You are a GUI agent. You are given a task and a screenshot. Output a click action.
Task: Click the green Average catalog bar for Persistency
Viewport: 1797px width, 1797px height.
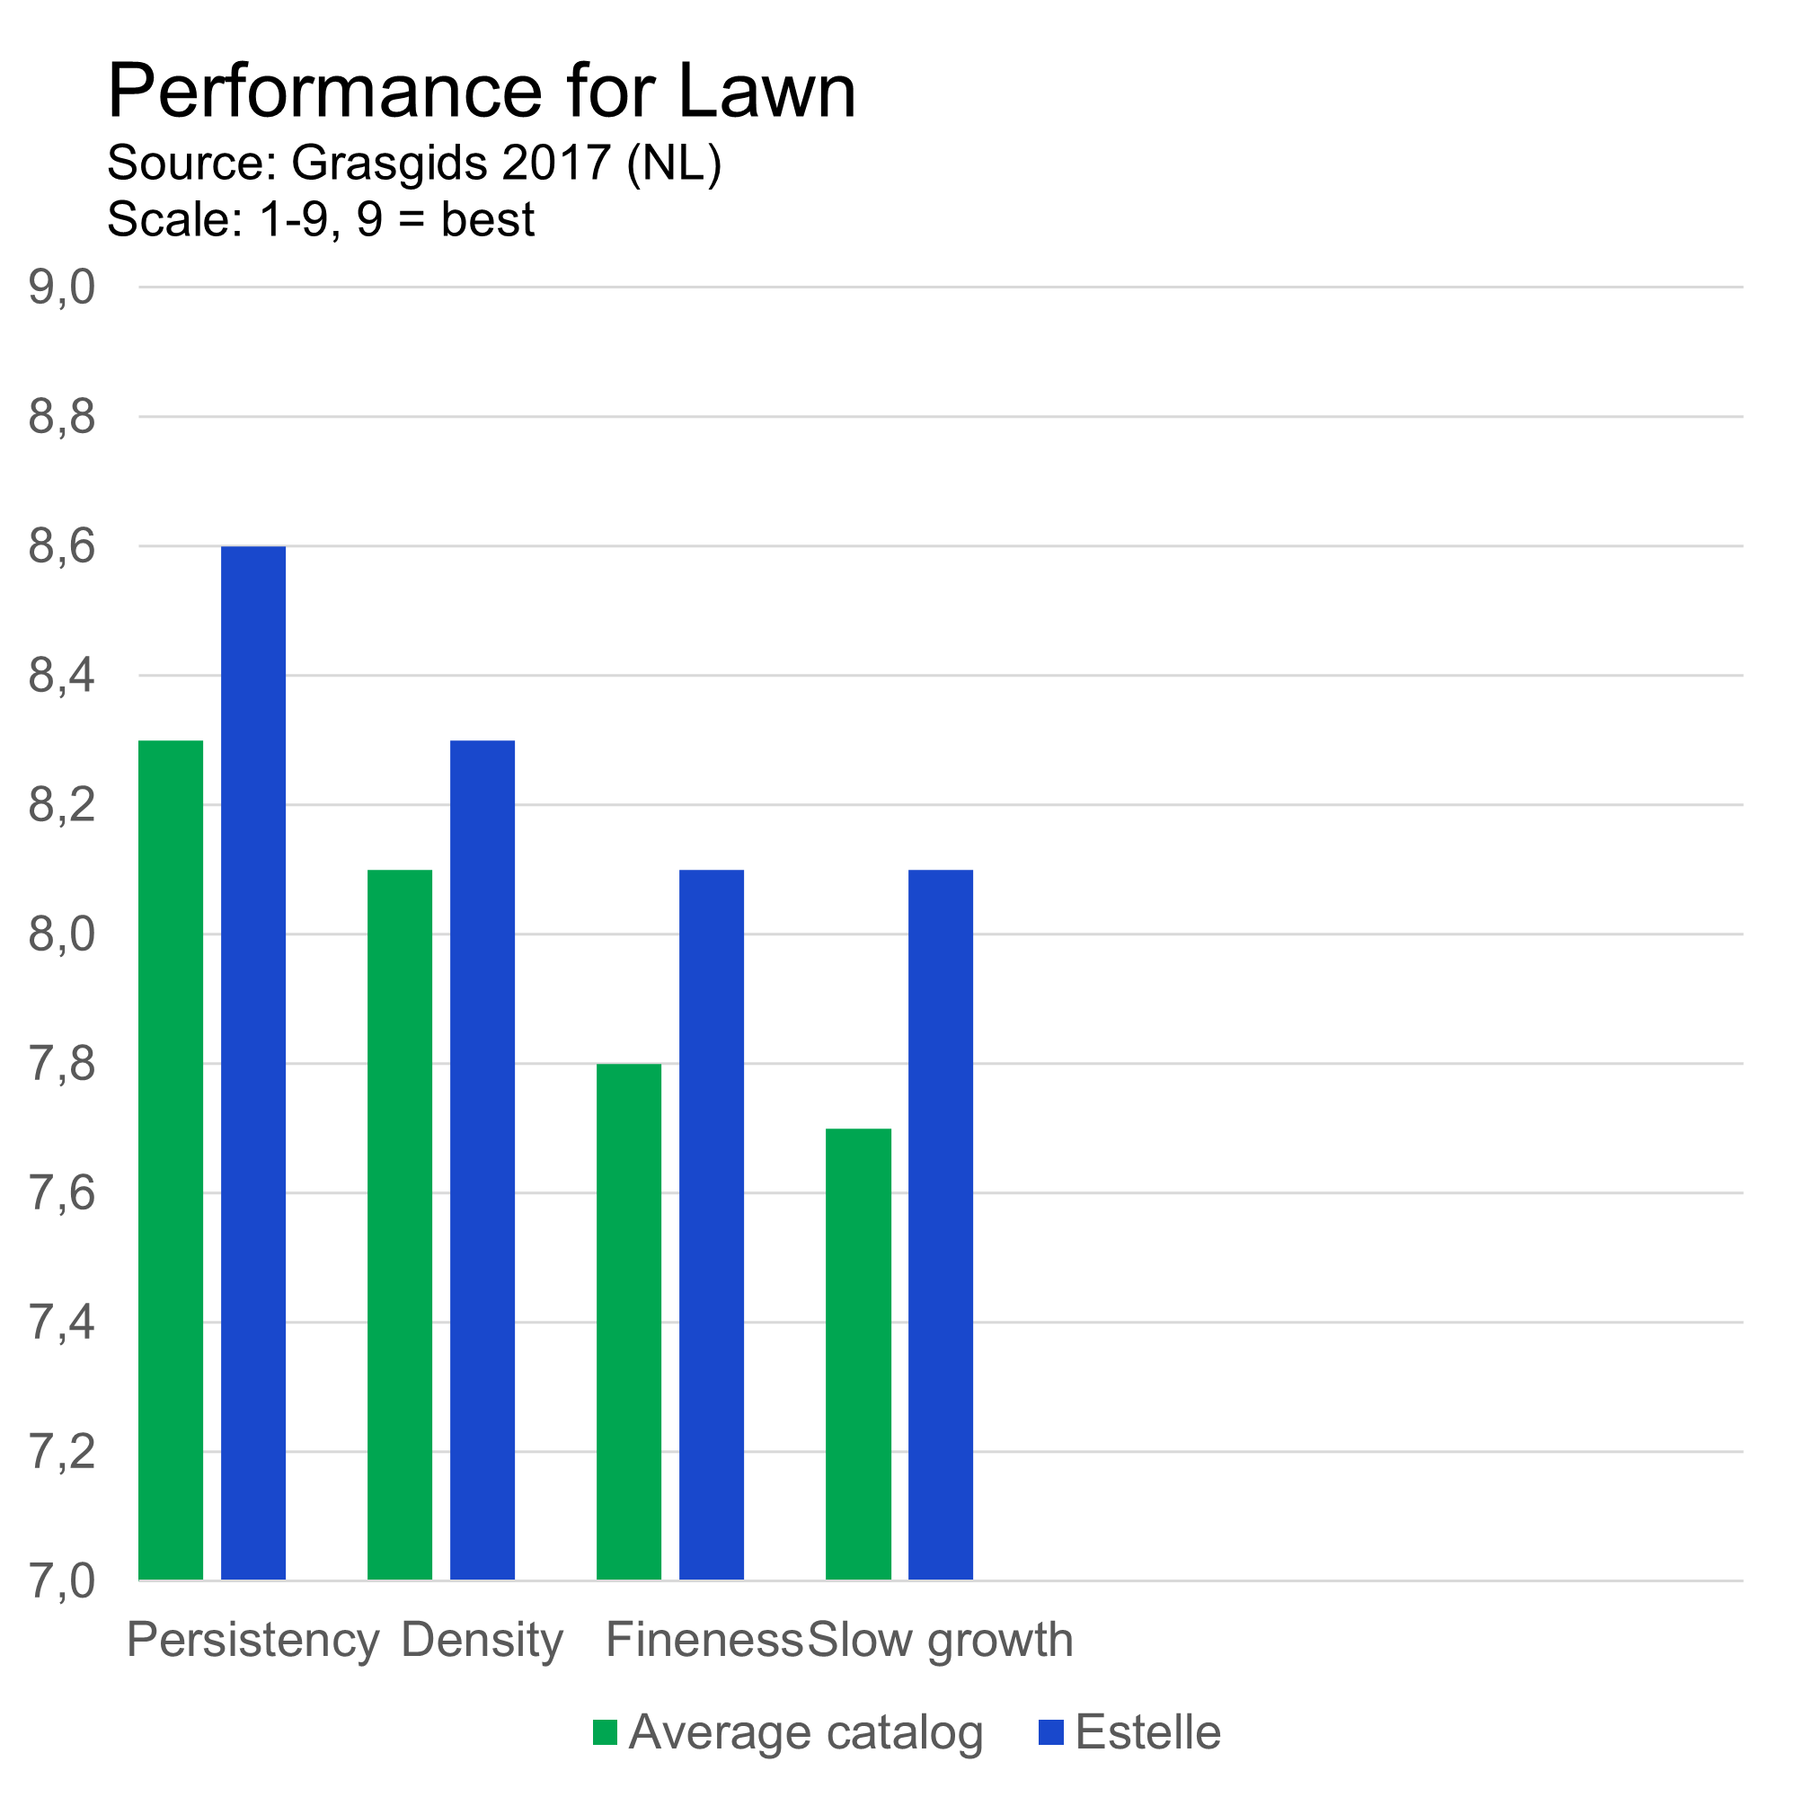(x=171, y=1160)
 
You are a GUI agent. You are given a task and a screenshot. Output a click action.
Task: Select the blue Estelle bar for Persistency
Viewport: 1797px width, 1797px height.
(x=253, y=1063)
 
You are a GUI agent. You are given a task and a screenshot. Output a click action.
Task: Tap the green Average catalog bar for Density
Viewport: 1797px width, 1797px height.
(x=400, y=1225)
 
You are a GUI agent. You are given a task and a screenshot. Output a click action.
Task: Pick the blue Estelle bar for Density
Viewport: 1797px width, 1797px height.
(x=482, y=1160)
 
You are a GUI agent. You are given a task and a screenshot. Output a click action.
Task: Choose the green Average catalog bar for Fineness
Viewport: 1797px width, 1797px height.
(x=629, y=1322)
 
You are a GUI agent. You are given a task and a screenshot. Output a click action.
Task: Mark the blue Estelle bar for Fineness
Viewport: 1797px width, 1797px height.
(x=712, y=1225)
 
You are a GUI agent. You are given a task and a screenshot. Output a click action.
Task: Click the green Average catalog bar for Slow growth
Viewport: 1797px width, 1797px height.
(x=858, y=1354)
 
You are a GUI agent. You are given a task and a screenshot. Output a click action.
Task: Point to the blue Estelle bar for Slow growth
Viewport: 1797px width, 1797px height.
(x=941, y=1225)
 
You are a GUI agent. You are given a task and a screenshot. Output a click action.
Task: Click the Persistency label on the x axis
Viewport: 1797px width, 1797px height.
(x=253, y=1640)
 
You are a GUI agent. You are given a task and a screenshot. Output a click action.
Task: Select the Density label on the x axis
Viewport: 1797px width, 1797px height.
(x=482, y=1640)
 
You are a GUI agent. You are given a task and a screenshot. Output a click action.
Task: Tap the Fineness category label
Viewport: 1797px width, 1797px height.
(x=704, y=1640)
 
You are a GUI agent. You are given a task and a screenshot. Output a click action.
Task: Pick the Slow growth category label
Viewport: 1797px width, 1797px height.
(x=941, y=1640)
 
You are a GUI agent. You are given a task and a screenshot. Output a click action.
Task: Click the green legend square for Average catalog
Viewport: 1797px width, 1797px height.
(x=606, y=1733)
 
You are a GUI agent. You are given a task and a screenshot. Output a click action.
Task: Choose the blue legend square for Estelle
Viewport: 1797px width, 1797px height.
(x=1051, y=1733)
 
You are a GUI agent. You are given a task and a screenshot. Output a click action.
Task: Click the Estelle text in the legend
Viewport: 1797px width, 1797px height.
(x=1147, y=1733)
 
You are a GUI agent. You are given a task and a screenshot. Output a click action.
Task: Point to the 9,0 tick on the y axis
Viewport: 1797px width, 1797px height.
(x=61, y=288)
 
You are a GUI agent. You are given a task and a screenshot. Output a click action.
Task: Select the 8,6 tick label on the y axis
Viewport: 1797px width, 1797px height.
(x=61, y=546)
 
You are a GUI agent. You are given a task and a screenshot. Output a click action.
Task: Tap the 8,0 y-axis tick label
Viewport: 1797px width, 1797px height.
(x=61, y=934)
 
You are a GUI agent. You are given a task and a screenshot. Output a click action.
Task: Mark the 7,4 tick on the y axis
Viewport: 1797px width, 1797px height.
(x=61, y=1322)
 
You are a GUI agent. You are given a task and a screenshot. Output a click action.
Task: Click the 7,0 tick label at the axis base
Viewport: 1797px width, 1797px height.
(x=61, y=1581)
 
